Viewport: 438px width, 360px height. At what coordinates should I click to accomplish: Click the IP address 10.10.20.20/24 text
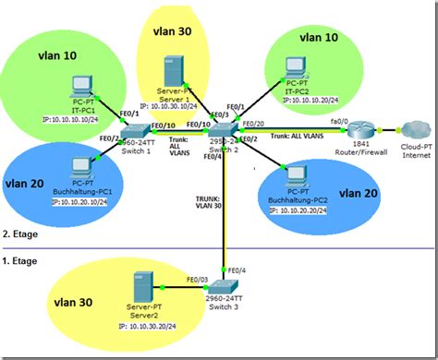point(300,211)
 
